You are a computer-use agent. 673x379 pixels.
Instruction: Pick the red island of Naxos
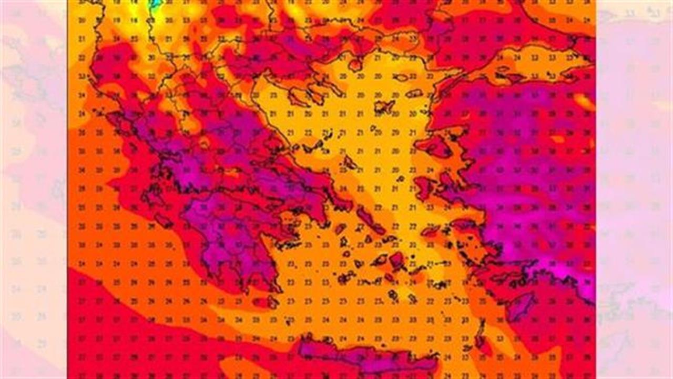pyautogui.click(x=397, y=260)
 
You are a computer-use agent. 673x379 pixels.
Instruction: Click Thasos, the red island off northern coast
pyautogui.click(x=355, y=64)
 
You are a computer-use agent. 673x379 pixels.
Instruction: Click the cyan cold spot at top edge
pyautogui.click(x=156, y=4)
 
